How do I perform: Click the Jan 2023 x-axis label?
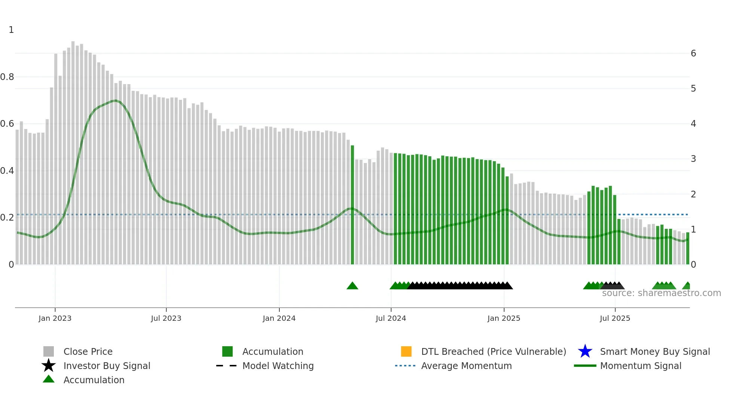55,318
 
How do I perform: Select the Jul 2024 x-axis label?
391,318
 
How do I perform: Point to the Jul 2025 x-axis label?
615,318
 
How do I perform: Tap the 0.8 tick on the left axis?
7,77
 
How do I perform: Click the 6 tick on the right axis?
693,53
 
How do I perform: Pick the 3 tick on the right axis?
693,159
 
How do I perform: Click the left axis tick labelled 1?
11,30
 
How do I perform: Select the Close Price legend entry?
88,351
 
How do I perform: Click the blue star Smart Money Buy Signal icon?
585,351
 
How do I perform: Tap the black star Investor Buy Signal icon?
49,366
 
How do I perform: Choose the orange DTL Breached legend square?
406,351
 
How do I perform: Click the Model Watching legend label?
278,366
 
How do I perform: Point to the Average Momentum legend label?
466,366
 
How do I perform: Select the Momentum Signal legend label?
641,366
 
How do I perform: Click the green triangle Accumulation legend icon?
49,379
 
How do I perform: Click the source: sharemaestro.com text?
661,293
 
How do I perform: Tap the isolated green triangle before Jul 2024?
352,286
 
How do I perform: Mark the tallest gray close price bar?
73,150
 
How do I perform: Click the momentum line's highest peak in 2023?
116,101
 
